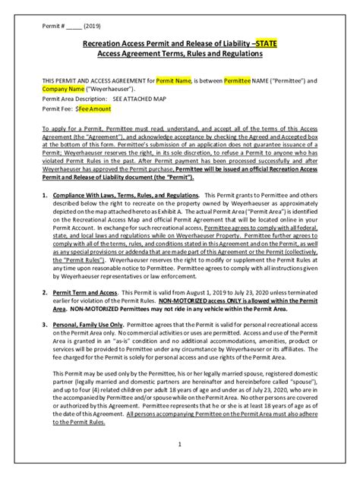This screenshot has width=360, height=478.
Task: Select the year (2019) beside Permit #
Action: (93, 23)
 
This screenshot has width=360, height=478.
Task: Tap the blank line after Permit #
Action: (74, 24)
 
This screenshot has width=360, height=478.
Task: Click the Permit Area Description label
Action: (75, 99)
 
